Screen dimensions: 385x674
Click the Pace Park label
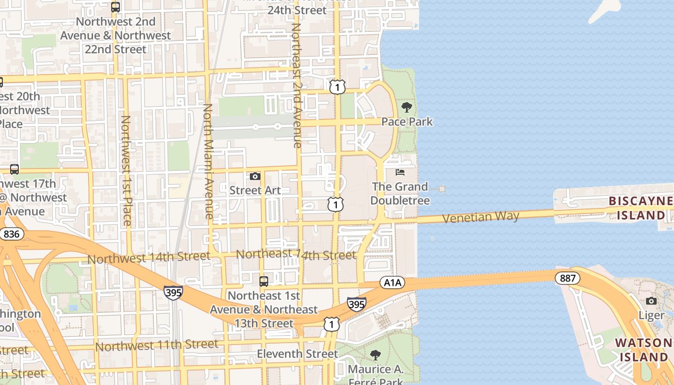(407, 122)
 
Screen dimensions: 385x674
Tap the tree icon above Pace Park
(407, 107)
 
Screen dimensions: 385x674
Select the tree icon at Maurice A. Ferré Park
(376, 355)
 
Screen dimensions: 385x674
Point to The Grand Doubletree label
(400, 193)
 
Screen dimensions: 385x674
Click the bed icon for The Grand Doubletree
(400, 172)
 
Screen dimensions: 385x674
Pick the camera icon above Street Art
(255, 176)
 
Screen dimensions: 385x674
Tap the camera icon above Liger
(651, 301)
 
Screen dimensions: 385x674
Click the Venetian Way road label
(480, 217)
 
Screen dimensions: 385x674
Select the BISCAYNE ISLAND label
(640, 208)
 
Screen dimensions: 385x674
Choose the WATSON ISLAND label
(643, 350)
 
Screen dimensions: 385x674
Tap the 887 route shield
(567, 278)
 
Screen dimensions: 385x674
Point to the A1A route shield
(392, 283)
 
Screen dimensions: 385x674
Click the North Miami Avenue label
(208, 161)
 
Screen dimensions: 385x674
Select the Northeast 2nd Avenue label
(297, 86)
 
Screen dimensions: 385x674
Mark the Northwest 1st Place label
(126, 170)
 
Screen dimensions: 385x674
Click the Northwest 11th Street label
(156, 345)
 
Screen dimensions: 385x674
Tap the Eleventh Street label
(297, 354)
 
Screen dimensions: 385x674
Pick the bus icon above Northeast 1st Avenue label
(264, 281)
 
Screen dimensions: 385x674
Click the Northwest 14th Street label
(148, 257)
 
